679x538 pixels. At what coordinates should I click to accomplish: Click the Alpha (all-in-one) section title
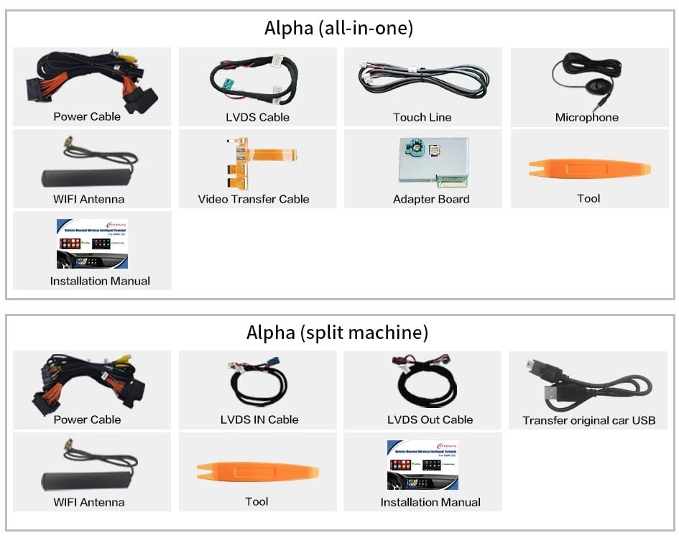click(x=338, y=28)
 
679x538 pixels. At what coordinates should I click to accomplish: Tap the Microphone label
click(x=586, y=117)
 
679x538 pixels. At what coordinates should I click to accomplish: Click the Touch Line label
click(x=422, y=117)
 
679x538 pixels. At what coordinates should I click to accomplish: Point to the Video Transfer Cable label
click(x=254, y=199)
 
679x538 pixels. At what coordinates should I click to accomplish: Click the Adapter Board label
click(x=431, y=199)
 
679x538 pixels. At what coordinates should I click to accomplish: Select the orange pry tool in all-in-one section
click(x=589, y=169)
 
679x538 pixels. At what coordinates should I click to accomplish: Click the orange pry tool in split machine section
click(x=257, y=472)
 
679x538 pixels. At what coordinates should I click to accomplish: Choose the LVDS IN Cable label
click(x=259, y=419)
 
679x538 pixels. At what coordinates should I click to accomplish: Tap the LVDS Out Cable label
click(x=430, y=419)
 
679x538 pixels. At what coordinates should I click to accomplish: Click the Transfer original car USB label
click(x=588, y=420)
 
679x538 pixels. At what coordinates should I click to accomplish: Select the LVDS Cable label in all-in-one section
click(x=257, y=117)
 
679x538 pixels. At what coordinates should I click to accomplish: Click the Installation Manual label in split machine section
click(x=430, y=502)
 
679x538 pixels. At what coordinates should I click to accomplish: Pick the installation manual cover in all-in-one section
click(x=92, y=244)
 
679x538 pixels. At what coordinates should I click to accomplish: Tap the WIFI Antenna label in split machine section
click(x=88, y=502)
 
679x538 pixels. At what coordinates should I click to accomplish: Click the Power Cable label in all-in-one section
click(x=87, y=116)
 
